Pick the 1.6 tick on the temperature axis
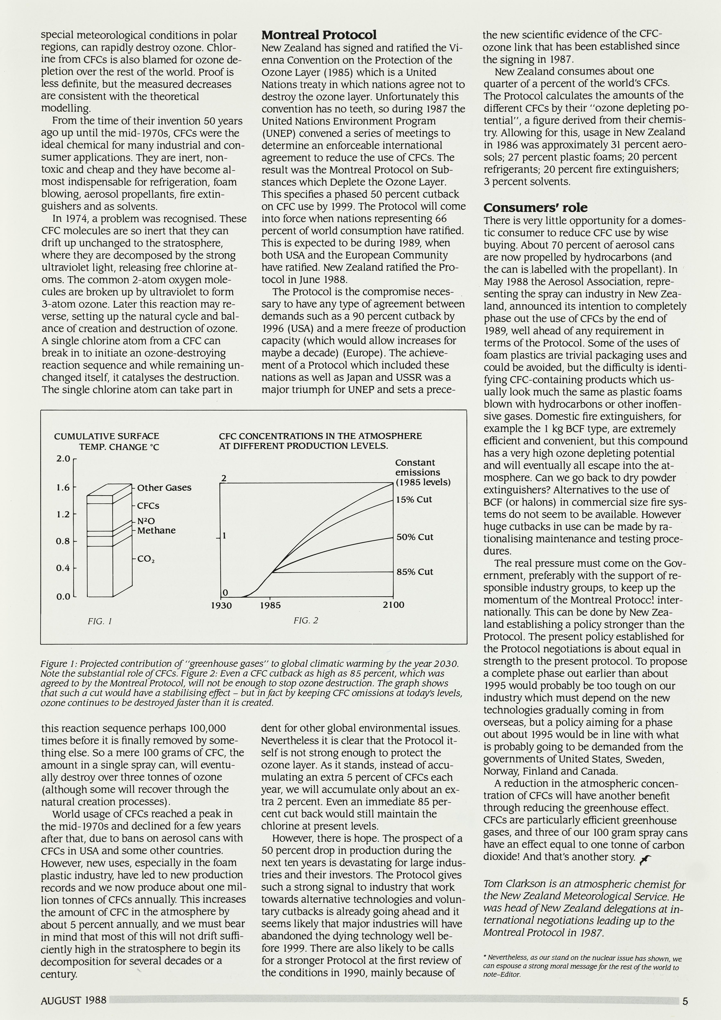click(63, 487)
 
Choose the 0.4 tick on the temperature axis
click(63, 568)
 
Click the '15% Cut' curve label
click(414, 499)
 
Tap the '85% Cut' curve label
click(415, 572)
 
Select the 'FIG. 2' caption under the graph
click(306, 620)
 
